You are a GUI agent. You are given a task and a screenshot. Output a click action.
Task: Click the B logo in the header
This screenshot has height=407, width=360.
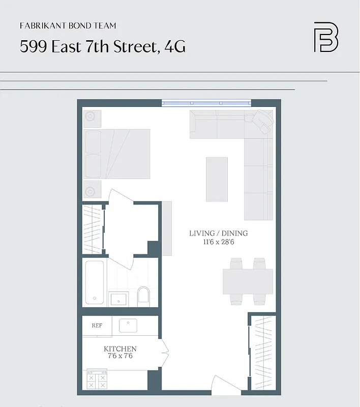pyautogui.click(x=325, y=37)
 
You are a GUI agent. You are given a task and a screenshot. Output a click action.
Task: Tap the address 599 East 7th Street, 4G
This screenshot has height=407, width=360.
pyautogui.click(x=102, y=46)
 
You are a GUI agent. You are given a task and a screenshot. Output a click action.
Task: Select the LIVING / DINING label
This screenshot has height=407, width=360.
pyautogui.click(x=218, y=234)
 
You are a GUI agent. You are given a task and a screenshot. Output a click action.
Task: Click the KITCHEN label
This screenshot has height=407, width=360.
pyautogui.click(x=120, y=349)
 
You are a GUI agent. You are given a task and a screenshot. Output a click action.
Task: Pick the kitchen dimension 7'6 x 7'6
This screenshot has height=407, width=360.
pyautogui.click(x=120, y=357)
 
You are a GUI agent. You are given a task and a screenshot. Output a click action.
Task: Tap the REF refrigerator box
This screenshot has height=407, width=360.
pyautogui.click(x=97, y=326)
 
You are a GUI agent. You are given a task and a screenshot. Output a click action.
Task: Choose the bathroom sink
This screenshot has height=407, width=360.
pyautogui.click(x=119, y=298)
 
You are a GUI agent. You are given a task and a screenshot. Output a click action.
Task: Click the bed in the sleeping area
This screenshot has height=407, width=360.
pyautogui.click(x=117, y=154)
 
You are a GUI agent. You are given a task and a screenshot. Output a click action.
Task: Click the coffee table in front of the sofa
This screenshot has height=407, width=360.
pyautogui.click(x=217, y=179)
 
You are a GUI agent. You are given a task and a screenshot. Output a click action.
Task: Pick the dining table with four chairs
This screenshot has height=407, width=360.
pyautogui.click(x=248, y=281)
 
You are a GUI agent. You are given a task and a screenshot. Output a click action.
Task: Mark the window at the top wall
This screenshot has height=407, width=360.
pyautogui.click(x=206, y=103)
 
